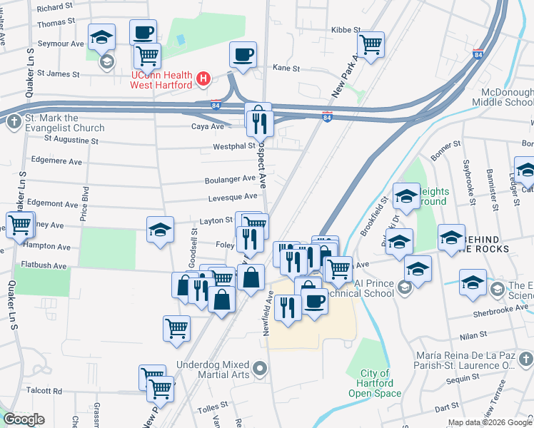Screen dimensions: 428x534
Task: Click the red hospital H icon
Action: point(204,78)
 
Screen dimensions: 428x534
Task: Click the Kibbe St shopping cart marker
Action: point(371,44)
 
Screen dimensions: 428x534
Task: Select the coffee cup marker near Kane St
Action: point(243,54)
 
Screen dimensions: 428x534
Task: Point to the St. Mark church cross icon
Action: point(14,122)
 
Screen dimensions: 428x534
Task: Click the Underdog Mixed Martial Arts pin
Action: point(261,370)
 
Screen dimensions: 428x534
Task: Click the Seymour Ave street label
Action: point(61,44)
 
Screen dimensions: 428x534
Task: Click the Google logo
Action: point(24,419)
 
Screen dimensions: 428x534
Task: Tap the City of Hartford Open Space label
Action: point(375,383)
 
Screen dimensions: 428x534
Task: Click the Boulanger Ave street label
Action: point(231,178)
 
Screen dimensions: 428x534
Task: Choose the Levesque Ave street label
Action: point(232,197)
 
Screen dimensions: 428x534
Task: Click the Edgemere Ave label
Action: point(49,160)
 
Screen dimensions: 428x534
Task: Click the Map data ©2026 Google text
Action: point(489,422)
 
